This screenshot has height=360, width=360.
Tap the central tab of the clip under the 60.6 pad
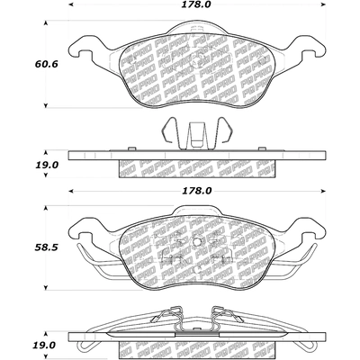pyautogui.click(x=195, y=135)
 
